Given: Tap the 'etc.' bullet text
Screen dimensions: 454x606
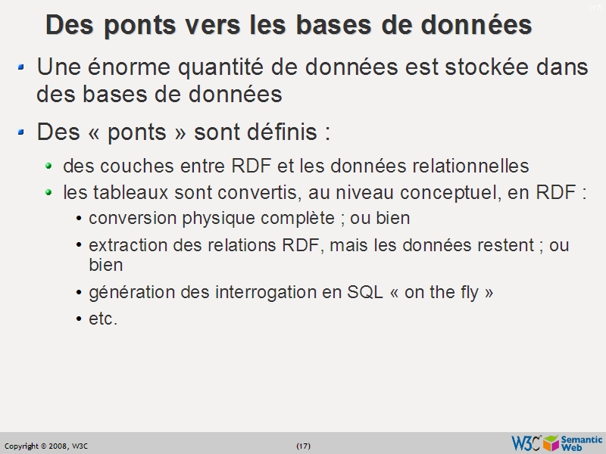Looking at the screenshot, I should click(103, 319).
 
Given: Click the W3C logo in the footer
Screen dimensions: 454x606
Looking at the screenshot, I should click(526, 443).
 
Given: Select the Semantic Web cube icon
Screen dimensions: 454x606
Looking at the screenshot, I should click(551, 443).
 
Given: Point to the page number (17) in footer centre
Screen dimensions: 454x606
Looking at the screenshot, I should click(303, 446).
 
